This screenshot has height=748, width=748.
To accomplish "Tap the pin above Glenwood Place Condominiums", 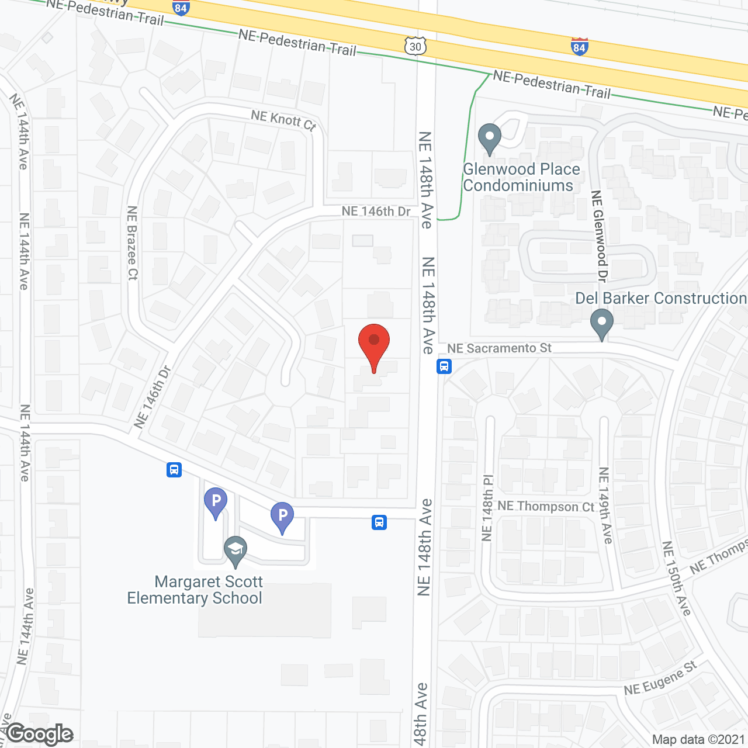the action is pos(490,139).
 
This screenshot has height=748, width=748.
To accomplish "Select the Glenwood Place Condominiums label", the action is pos(521,177).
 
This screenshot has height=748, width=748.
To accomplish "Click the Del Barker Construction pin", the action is pos(601,324).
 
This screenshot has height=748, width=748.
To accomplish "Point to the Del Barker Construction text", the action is pos(661,298).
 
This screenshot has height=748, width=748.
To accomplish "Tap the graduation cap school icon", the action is pos(236,551).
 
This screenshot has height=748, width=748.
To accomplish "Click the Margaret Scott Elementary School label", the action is pos(195,590).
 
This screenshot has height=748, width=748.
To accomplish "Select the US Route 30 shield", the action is pos(415,46).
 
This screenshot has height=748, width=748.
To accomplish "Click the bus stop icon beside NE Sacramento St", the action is pos(444,366).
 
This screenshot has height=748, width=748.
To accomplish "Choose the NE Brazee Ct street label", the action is pos(133,243).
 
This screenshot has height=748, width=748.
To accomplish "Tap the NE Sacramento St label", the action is pos(499,348).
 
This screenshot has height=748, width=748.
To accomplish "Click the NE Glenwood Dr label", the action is pos(599,236).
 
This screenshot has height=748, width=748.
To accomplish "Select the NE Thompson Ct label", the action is pos(545,506).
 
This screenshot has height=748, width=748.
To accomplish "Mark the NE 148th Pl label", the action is pos(487,507).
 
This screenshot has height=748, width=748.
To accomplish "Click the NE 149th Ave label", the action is pos(605,505).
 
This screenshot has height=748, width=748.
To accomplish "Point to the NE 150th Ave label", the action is pos(677,578).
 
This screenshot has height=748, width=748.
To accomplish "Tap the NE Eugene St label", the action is pos(660,678).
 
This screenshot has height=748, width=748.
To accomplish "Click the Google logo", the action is pos(40,734).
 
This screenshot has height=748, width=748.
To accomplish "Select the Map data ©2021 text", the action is pos(698,739).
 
